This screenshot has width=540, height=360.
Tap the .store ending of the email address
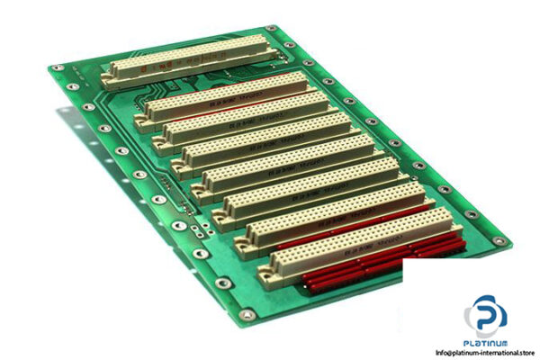tap(527, 352)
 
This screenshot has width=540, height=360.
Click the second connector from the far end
tap(225, 99)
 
